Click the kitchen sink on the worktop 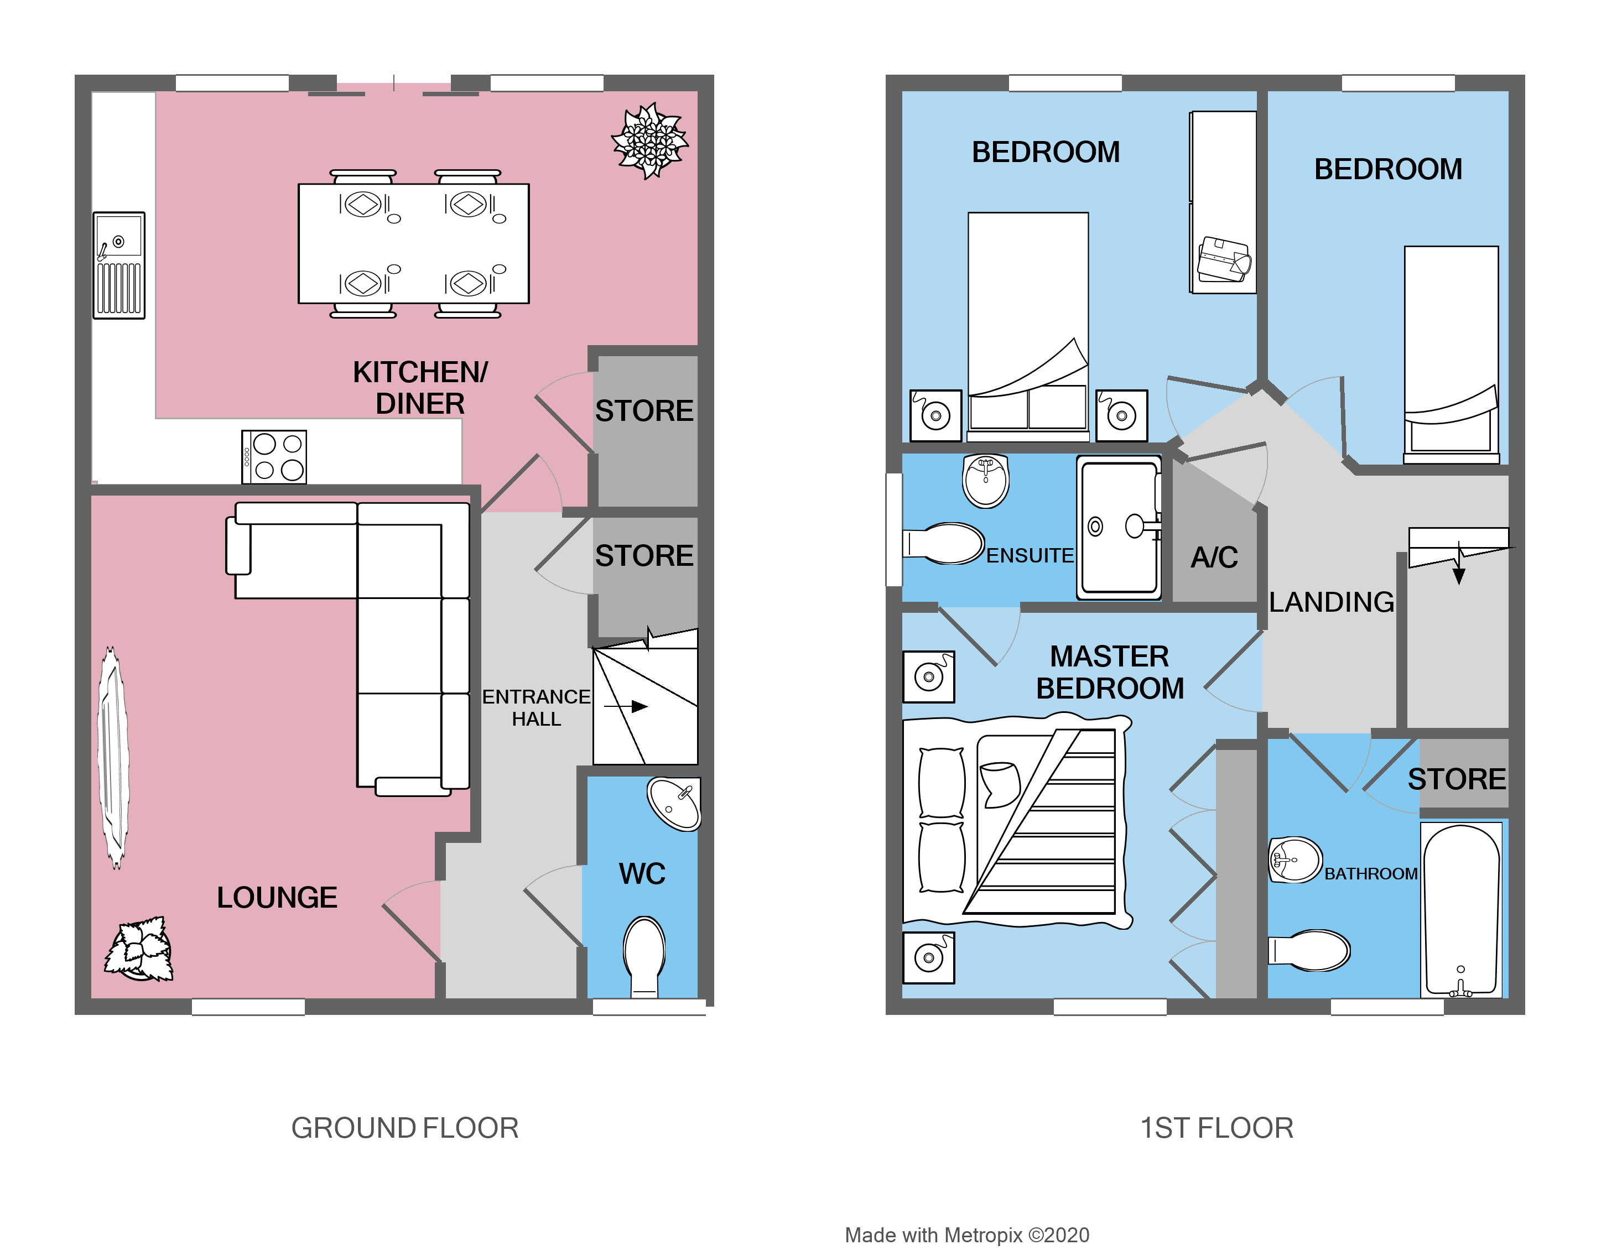(x=119, y=265)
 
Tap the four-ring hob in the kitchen (x=274, y=457)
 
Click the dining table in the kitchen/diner (x=414, y=243)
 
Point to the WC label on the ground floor (x=642, y=874)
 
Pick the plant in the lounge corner (x=139, y=949)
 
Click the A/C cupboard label (x=1214, y=558)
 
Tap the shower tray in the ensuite (x=1119, y=527)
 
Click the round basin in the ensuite (x=985, y=481)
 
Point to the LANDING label (x=1331, y=602)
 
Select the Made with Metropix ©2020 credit (x=966, y=1235)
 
